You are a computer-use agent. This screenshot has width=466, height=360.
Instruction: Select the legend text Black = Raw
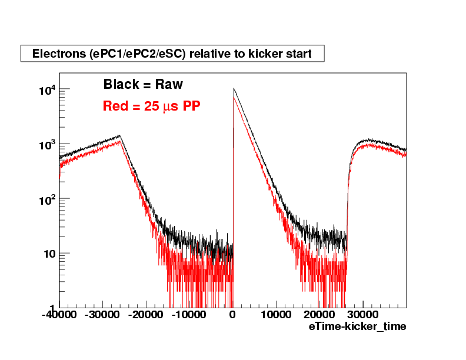pos(143,85)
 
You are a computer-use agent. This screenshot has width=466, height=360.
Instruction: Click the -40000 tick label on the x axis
pos(59,315)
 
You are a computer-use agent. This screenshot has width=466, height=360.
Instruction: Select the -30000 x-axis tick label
pos(102,315)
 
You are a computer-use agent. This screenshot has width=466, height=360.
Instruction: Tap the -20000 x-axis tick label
pos(146,315)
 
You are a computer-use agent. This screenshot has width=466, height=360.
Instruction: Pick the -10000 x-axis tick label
pos(189,315)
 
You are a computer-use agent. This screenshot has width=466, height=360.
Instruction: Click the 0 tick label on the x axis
pos(233,315)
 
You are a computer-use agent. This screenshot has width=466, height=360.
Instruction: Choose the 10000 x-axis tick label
pos(276,315)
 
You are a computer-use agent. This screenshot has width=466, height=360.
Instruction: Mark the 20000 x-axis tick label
pos(319,315)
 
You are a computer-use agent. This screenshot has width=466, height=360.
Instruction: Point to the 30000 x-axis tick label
pos(363,315)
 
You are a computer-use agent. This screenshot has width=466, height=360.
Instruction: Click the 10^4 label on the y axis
pos(47,89)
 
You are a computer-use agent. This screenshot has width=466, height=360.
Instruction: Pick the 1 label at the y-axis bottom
pos(52,308)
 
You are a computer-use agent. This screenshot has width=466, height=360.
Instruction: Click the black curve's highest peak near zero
pos(234,89)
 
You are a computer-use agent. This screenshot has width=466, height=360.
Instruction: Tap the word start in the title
pos(298,54)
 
